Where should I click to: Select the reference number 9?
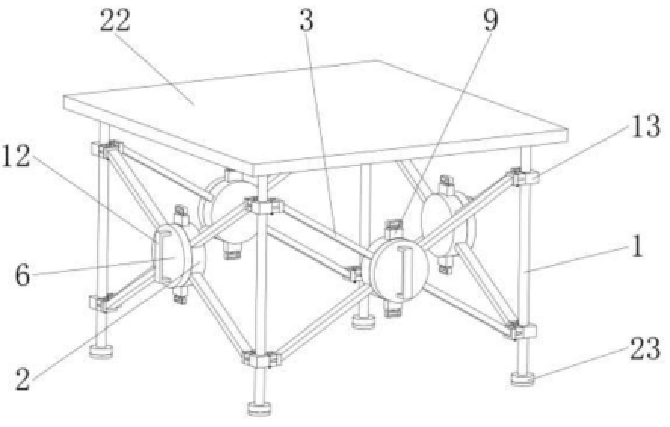click(492, 20)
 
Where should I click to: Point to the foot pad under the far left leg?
click(100, 351)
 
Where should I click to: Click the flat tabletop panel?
click(317, 113)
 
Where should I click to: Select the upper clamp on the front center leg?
click(261, 206)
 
